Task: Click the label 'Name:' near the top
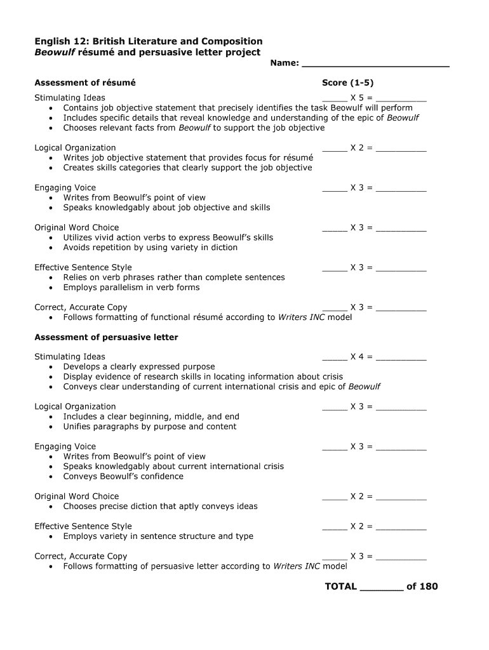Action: (x=284, y=63)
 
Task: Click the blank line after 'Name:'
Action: (x=375, y=65)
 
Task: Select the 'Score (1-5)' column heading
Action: (x=352, y=83)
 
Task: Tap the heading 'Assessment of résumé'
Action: (x=85, y=83)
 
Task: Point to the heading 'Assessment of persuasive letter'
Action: (x=106, y=337)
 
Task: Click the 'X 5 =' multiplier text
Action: (x=361, y=98)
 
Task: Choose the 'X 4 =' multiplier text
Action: (x=361, y=357)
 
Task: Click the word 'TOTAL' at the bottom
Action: (x=341, y=587)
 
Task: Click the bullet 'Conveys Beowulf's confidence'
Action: (x=123, y=476)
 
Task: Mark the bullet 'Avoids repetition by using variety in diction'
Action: (x=150, y=248)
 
